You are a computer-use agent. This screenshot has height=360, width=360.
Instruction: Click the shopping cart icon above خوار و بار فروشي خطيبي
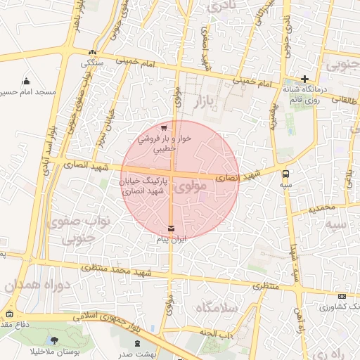point(164,128)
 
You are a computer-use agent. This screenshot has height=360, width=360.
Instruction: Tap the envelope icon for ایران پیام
point(172,228)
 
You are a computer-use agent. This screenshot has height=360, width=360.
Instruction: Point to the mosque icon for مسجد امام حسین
point(27,81)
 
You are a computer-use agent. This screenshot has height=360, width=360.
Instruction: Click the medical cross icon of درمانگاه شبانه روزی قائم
point(304,79)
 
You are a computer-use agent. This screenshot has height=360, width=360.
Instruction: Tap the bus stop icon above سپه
point(285,173)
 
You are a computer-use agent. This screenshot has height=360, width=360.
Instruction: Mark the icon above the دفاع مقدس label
point(9,314)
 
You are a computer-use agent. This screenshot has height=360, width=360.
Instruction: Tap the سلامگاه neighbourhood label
point(219,307)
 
